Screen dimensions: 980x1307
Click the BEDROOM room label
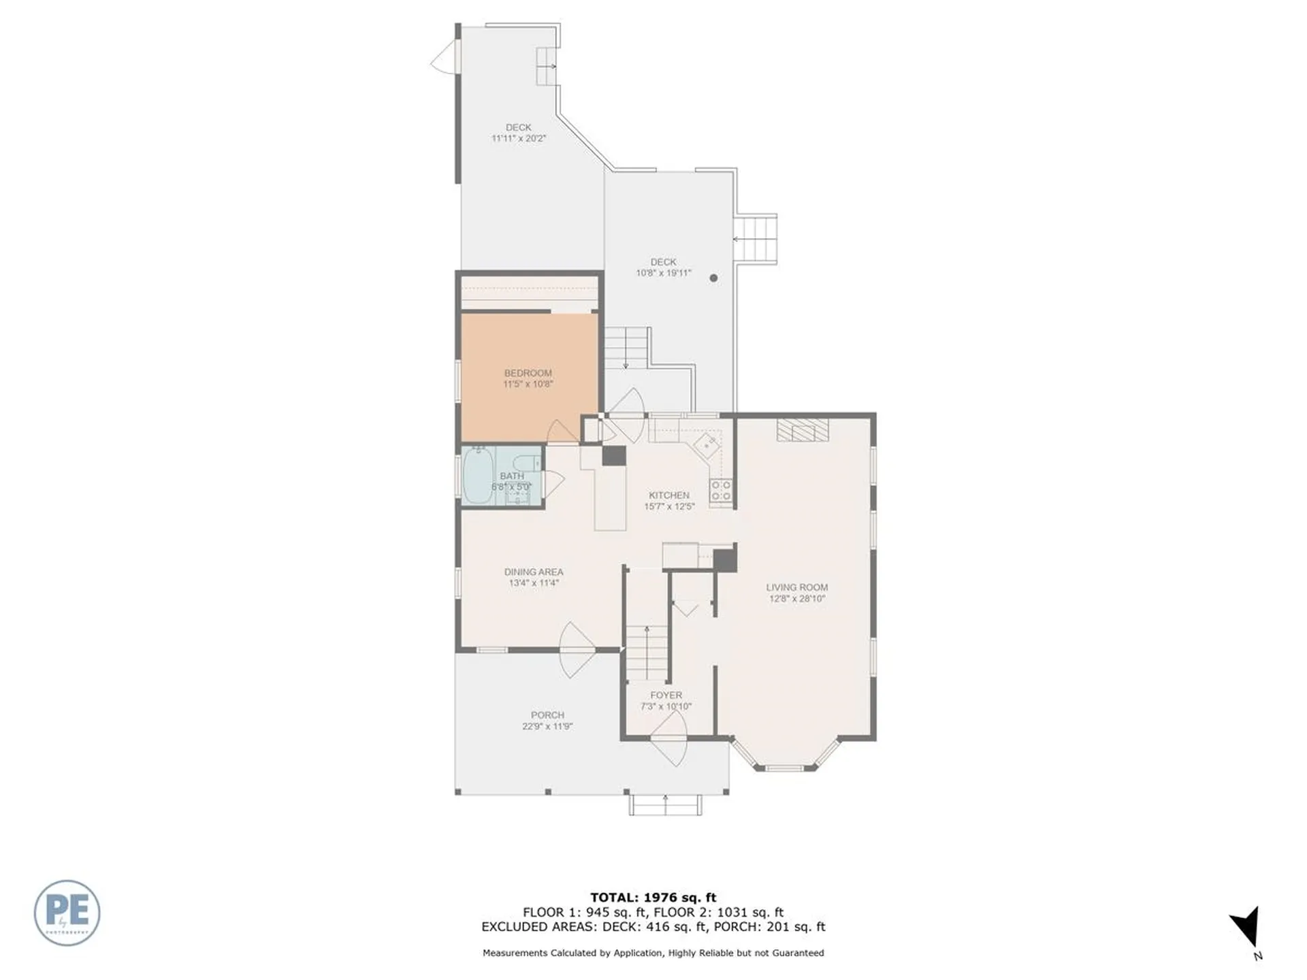pos(528,373)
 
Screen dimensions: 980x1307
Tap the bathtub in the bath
pos(478,476)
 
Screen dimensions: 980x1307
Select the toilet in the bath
pos(527,462)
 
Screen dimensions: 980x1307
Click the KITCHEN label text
pos(668,495)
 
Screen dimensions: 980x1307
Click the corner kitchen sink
pos(707,446)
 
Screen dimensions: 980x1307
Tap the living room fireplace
pos(803,430)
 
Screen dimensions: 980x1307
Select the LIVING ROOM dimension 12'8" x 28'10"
pos(796,599)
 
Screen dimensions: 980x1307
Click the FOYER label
pos(666,695)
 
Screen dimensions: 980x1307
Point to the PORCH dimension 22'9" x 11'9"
pos(547,726)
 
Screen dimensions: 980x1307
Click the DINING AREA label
pos(533,572)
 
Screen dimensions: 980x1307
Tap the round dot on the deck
pos(713,278)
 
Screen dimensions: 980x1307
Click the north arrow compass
pos(1247,928)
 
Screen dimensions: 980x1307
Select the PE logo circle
pos(67,913)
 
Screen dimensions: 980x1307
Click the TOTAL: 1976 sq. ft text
pos(653,898)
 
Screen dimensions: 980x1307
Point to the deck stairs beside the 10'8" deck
pos(756,239)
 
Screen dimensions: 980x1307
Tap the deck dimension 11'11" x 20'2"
pos(519,138)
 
